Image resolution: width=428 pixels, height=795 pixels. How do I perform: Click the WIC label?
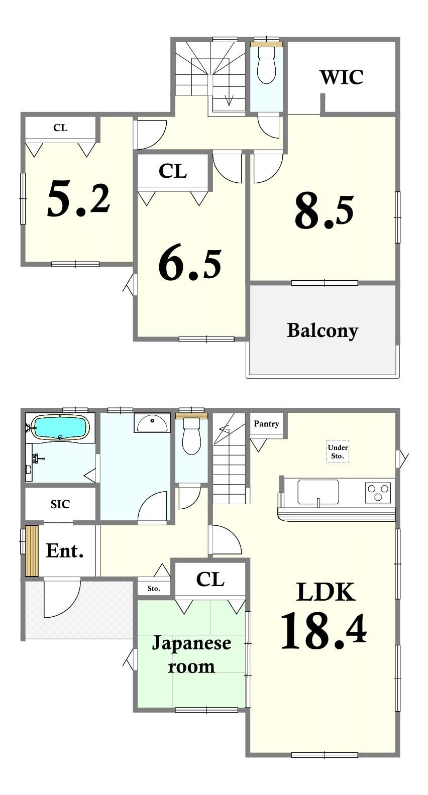(342, 77)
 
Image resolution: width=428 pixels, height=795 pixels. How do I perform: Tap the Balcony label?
(322, 331)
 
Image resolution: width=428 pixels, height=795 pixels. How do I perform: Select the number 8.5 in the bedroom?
(324, 212)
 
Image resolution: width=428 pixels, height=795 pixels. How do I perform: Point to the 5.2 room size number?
(78, 198)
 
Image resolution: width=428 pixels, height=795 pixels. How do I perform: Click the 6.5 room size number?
(190, 264)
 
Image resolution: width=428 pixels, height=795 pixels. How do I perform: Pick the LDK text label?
(326, 592)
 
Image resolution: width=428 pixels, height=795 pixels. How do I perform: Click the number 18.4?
(324, 631)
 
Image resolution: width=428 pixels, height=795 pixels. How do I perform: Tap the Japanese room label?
(191, 655)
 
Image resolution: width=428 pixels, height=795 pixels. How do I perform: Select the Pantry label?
(266, 424)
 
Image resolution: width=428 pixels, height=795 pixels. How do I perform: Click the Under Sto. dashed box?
(338, 451)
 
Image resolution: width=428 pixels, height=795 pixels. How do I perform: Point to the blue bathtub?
(60, 428)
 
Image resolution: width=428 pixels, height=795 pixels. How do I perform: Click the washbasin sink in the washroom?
(152, 423)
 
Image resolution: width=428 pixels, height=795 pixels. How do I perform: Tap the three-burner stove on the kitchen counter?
(378, 492)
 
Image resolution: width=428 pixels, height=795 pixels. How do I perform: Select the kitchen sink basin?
(318, 492)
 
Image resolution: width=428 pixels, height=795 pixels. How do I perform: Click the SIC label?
(60, 504)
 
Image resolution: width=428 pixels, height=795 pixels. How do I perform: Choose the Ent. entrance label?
(65, 551)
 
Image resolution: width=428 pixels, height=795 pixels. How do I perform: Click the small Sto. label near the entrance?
(154, 589)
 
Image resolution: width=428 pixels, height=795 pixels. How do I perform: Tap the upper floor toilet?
(266, 65)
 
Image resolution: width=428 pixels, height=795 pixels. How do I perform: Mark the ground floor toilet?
(191, 436)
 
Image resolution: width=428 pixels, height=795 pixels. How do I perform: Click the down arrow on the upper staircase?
(229, 96)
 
